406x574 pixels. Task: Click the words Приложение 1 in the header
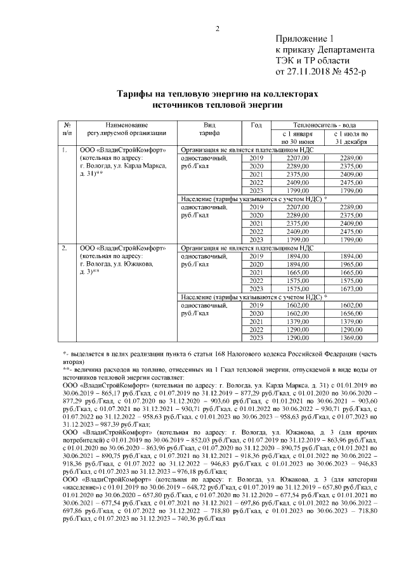click(x=303, y=39)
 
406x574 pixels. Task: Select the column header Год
click(x=256, y=126)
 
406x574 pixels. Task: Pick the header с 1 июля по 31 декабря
click(x=346, y=138)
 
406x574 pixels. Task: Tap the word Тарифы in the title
click(x=136, y=93)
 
